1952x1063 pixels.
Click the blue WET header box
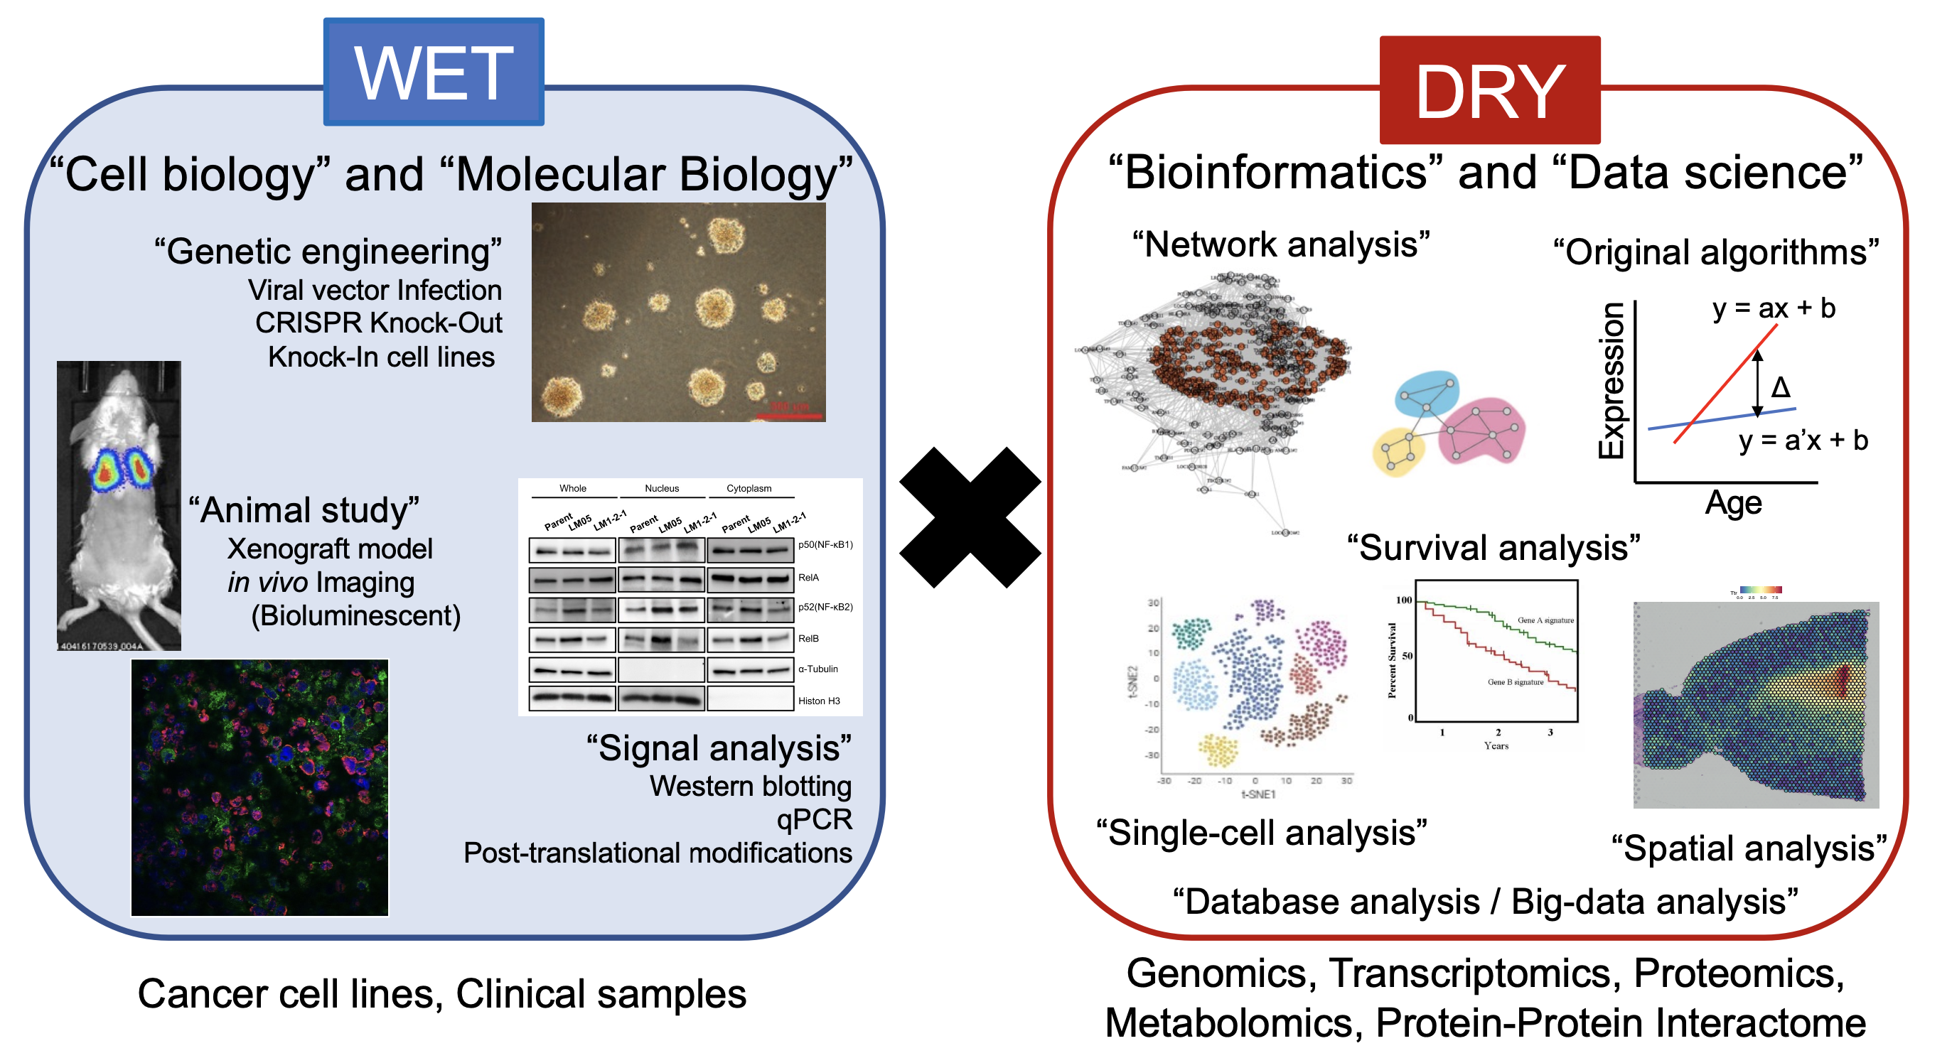434,72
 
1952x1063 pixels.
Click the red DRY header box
1489,90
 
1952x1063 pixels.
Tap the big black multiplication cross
969,517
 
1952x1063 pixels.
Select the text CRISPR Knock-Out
378,323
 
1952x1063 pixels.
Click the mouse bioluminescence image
119,505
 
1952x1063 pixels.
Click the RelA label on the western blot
808,578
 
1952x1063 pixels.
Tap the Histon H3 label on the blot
818,701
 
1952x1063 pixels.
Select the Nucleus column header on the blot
662,489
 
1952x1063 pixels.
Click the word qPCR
814,819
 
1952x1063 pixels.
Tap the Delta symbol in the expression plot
1780,388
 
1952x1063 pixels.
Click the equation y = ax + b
1773,308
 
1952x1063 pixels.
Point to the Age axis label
1733,502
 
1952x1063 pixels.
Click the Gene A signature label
1545,620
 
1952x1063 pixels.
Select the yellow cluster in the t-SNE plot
1218,750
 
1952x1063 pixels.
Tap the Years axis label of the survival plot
1496,745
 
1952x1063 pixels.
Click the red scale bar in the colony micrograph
788,416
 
